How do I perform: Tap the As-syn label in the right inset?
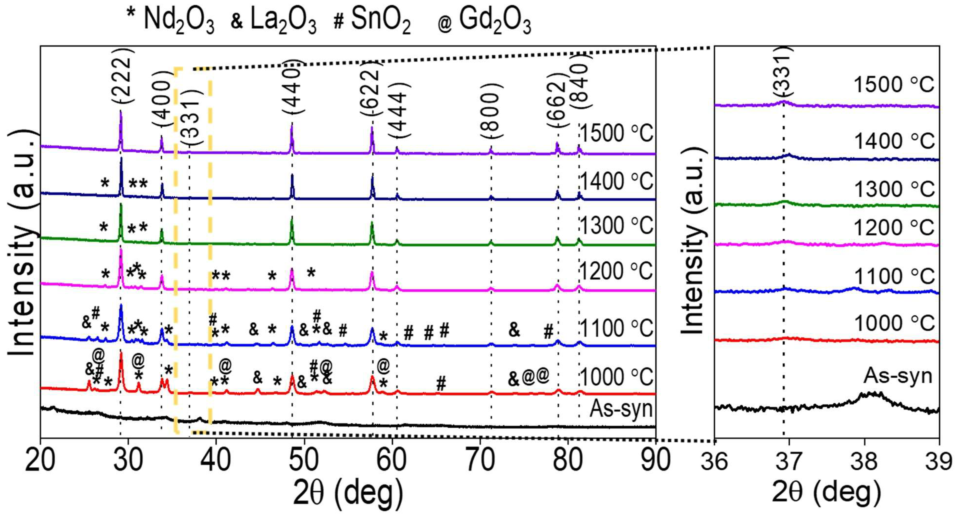tap(898, 376)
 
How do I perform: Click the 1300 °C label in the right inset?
tap(894, 189)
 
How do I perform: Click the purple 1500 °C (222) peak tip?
tap(120, 111)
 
